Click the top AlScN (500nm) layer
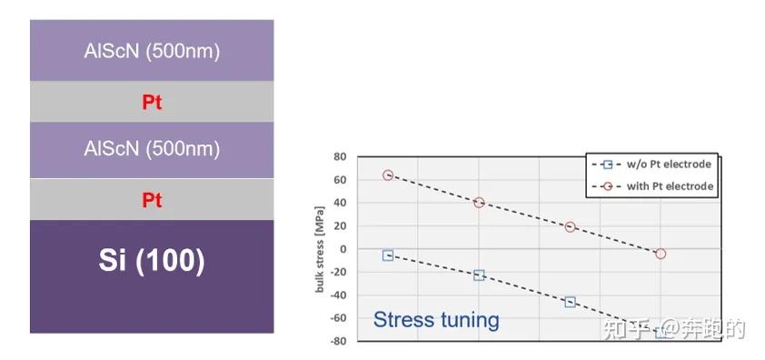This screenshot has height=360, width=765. (152, 51)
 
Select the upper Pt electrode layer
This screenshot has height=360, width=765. (152, 102)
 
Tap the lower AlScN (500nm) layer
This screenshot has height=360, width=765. (152, 149)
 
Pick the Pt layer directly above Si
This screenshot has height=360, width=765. (152, 199)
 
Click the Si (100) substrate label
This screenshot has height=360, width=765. (152, 261)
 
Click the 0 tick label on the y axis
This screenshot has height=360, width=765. (343, 249)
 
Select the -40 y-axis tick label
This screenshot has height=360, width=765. (339, 295)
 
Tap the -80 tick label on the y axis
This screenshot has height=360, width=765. (339, 342)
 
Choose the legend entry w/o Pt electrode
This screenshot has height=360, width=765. (654, 165)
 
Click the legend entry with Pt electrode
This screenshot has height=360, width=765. (654, 186)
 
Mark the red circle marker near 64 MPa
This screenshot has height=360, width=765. (388, 175)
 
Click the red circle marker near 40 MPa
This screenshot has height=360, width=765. (479, 203)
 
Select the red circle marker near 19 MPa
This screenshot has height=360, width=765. (570, 227)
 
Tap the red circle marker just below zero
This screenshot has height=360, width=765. (661, 254)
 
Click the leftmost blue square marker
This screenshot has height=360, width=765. (388, 255)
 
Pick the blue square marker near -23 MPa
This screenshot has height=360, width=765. (479, 275)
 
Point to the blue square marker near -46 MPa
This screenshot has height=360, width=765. (570, 302)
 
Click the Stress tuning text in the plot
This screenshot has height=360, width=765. (436, 319)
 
